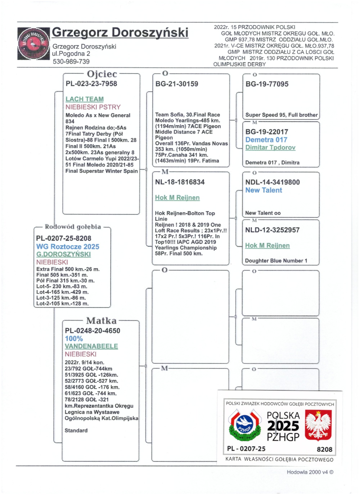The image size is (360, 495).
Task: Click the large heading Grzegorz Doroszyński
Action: click(x=120, y=33)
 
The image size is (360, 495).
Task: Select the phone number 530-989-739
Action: click(x=71, y=62)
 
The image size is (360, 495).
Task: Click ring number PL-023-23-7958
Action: click(x=91, y=84)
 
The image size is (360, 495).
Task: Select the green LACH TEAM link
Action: click(x=85, y=99)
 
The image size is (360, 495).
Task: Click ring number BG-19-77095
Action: click(x=267, y=84)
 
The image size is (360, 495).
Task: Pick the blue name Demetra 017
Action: click(x=266, y=139)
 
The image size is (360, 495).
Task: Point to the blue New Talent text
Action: click(x=264, y=190)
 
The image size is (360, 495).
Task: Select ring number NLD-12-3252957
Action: click(x=273, y=230)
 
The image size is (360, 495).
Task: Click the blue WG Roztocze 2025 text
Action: click(x=67, y=247)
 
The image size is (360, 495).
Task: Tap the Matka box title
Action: click(x=101, y=321)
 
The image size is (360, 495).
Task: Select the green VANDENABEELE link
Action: click(x=91, y=346)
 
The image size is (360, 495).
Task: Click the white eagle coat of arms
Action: click(x=319, y=425)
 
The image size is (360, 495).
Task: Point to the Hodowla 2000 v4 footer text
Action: click(x=310, y=472)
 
